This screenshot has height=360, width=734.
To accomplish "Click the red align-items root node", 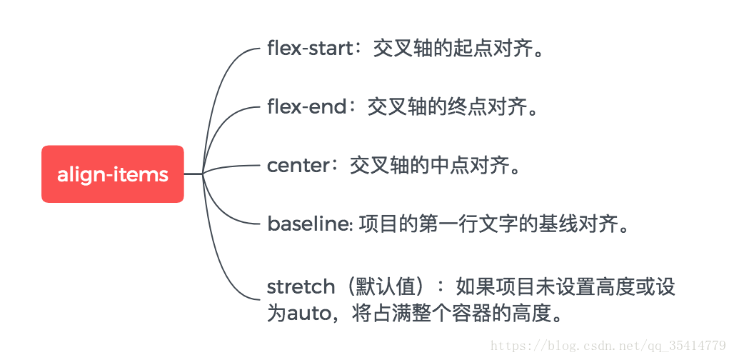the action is pos(113,174).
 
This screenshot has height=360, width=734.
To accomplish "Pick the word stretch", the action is pos(301,287).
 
